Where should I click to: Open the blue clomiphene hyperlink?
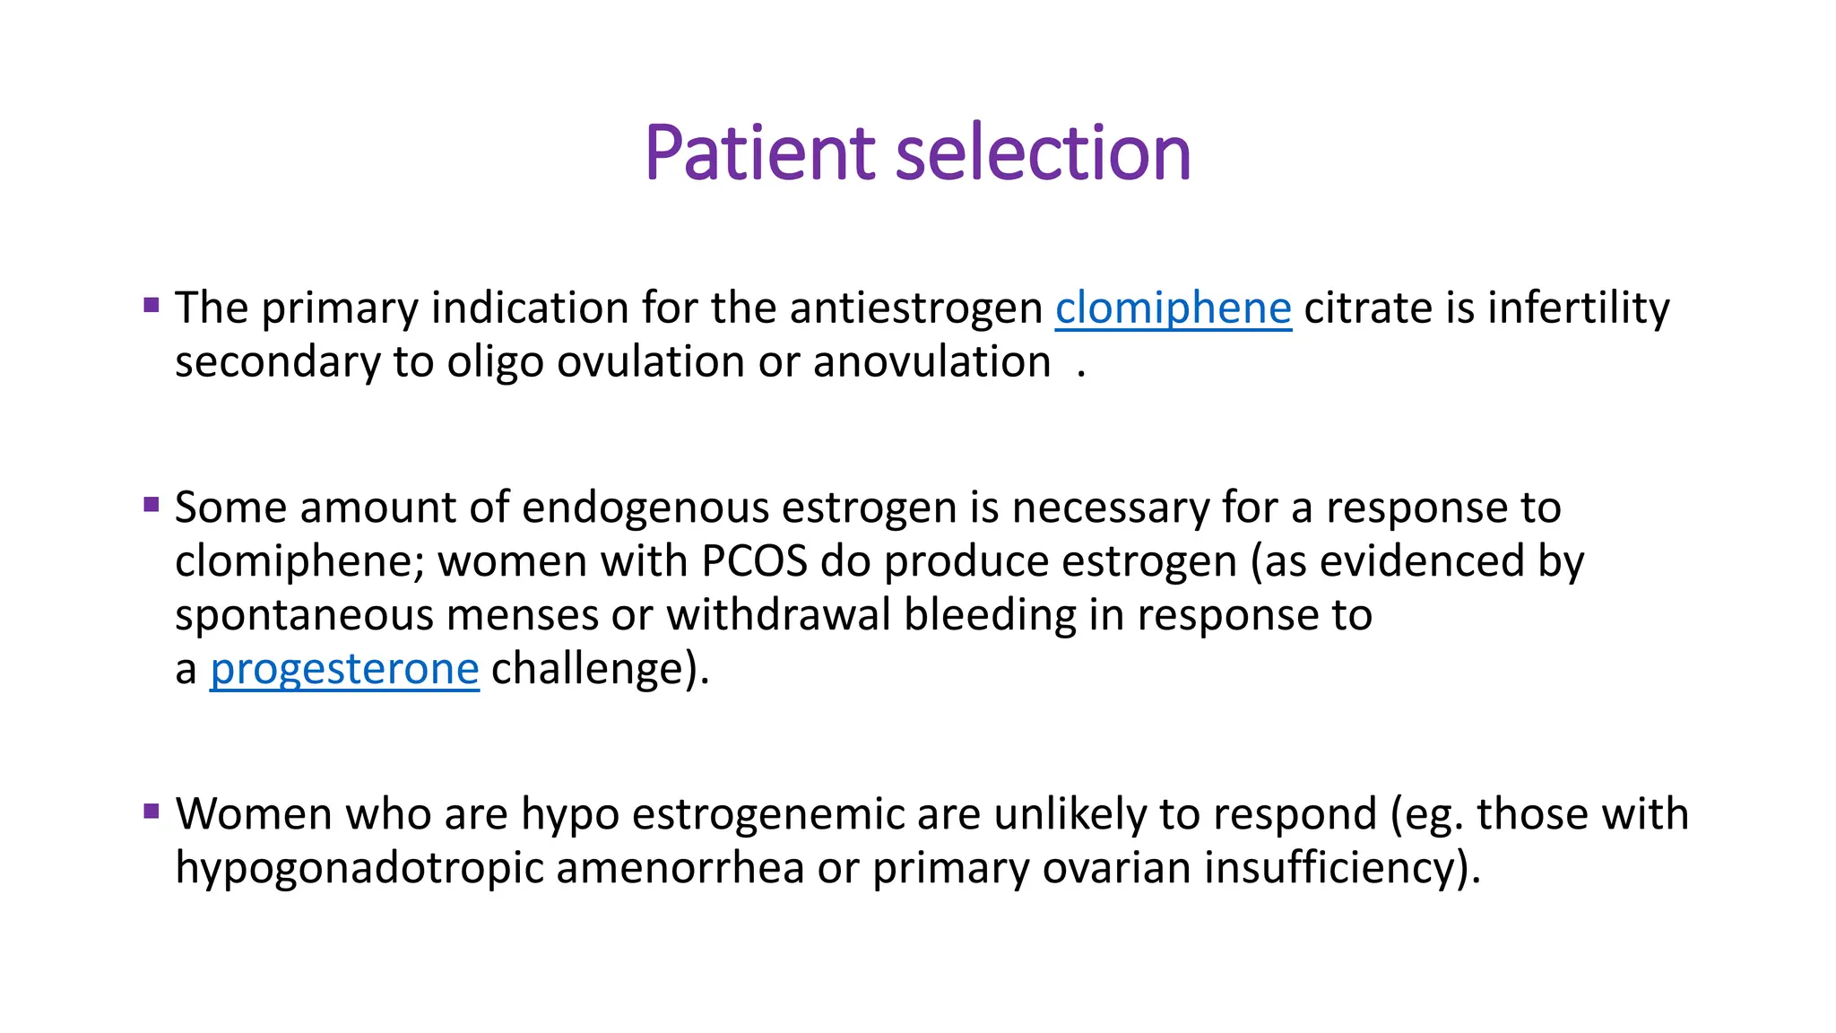click(x=1173, y=309)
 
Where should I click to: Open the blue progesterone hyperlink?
click(x=344, y=670)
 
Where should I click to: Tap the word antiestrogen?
click(x=915, y=308)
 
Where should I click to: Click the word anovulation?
click(x=931, y=362)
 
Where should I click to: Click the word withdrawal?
click(x=778, y=616)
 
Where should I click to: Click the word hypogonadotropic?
click(x=359, y=869)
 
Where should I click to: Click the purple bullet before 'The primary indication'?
click(x=152, y=305)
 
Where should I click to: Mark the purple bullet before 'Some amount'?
click(x=152, y=505)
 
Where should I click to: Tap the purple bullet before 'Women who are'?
click(x=152, y=812)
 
